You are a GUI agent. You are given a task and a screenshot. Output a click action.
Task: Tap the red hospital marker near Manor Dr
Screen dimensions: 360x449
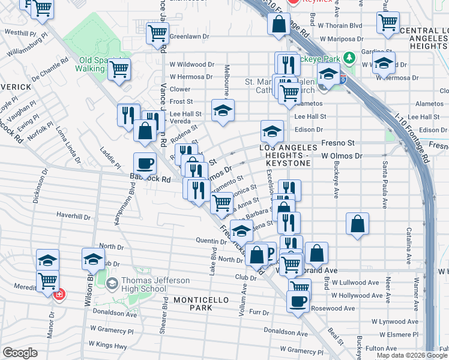(x=59, y=295)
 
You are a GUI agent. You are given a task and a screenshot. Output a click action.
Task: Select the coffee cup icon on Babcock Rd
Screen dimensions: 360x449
(x=145, y=163)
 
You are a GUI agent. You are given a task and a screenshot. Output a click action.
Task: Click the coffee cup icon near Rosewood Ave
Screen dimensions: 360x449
(x=298, y=301)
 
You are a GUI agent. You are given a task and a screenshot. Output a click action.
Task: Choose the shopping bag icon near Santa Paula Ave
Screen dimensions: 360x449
(x=357, y=224)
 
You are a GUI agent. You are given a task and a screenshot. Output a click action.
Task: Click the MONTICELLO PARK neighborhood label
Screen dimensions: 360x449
(x=193, y=303)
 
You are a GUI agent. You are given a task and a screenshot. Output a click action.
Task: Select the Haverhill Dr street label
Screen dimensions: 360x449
(x=73, y=215)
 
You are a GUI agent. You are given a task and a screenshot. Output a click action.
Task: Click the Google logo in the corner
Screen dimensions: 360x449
(x=19, y=353)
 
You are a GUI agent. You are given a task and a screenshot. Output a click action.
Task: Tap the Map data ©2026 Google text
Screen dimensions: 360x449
(x=412, y=355)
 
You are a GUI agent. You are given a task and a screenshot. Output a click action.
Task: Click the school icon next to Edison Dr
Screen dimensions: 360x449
(x=272, y=130)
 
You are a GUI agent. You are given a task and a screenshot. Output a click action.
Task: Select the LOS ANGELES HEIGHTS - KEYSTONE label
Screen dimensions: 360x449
(x=288, y=151)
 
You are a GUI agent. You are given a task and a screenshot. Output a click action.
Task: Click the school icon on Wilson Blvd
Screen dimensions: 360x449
(x=93, y=259)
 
